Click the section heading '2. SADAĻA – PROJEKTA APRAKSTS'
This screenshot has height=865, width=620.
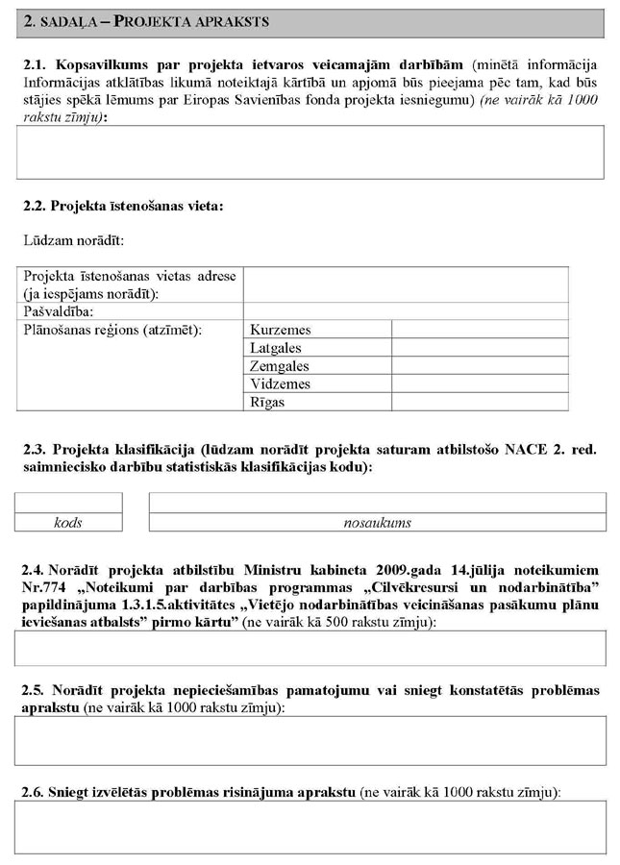tap(145, 20)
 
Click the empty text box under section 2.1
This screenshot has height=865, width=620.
tap(310, 152)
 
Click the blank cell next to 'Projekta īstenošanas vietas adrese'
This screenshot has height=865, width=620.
tap(405, 284)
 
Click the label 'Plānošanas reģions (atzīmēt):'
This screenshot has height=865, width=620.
tap(112, 330)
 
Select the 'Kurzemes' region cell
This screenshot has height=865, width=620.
tap(280, 330)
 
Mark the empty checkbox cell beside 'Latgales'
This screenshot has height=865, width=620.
tap(479, 348)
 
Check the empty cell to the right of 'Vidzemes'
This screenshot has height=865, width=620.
tap(479, 384)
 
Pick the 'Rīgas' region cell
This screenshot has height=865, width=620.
tap(267, 403)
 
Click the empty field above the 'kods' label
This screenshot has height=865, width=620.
tap(68, 503)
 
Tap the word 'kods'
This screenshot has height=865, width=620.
tap(68, 523)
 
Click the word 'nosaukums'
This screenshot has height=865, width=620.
tap(377, 523)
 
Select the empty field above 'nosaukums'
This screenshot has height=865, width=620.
tap(377, 503)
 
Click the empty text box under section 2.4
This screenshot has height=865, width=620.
tap(310, 649)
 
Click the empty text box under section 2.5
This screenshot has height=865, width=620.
tap(310, 740)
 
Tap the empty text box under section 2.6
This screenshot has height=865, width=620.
tap(310, 827)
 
